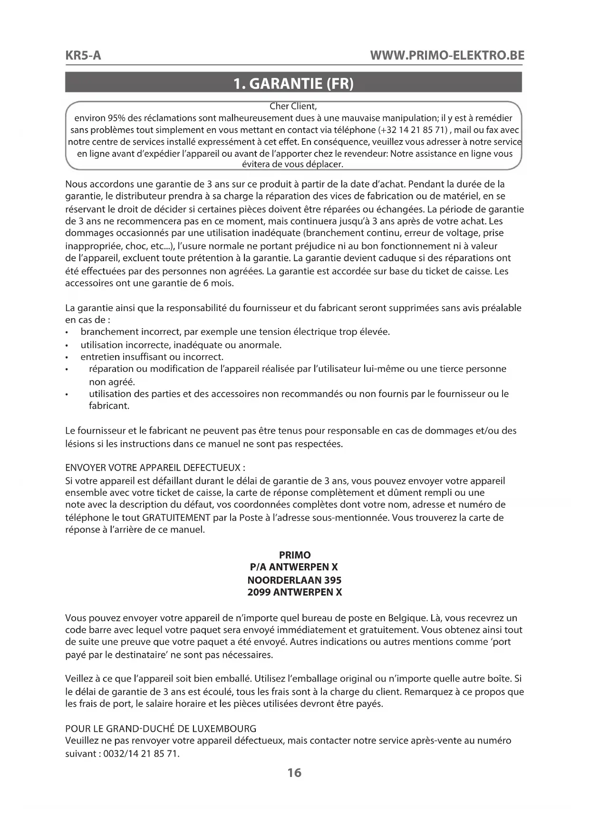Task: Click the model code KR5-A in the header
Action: (x=83, y=56)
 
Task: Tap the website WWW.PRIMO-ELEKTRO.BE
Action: (x=447, y=56)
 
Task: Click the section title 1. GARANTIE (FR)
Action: (x=294, y=84)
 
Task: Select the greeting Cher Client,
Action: (x=293, y=106)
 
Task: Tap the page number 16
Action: (x=294, y=773)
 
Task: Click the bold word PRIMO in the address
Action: (x=295, y=555)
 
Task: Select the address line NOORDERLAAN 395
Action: (x=294, y=580)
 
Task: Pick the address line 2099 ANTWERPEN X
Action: (x=294, y=592)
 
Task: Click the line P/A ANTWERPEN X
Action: (x=294, y=567)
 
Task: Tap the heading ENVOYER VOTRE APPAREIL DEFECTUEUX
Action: (x=155, y=467)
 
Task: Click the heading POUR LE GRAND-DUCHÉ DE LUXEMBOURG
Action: (x=161, y=729)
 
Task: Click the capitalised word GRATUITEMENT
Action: (x=176, y=518)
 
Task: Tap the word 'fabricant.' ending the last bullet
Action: (x=109, y=406)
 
